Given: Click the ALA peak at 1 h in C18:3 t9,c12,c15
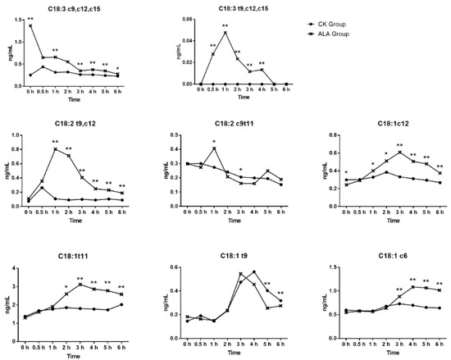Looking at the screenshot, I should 225,33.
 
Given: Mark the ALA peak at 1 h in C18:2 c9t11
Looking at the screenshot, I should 214,148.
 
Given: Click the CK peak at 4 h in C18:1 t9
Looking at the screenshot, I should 253,271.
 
